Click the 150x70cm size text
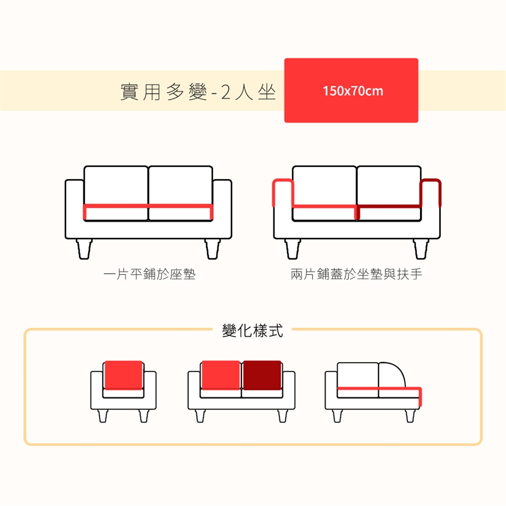click(353, 91)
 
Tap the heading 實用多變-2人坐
click(198, 92)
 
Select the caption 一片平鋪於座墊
click(149, 274)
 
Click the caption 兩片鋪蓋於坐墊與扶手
click(356, 274)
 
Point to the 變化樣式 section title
click(252, 330)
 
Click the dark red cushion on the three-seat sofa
click(262, 375)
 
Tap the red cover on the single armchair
click(123, 375)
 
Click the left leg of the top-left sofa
click(84, 249)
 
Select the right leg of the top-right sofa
click(421, 249)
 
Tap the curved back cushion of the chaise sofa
click(392, 375)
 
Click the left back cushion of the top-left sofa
click(116, 185)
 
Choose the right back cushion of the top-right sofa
click(389, 185)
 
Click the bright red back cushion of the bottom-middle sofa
click(221, 375)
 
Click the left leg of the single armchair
click(103, 416)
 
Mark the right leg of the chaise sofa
click(410, 416)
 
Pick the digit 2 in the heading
click(226, 92)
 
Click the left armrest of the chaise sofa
click(331, 390)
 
